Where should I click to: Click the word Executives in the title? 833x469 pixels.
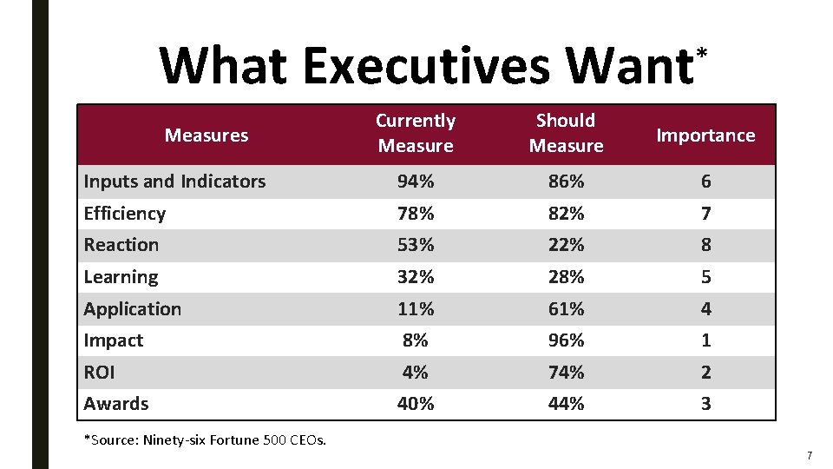pos(426,65)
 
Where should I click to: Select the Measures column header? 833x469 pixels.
pos(207,135)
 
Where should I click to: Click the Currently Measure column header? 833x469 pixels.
pos(415,133)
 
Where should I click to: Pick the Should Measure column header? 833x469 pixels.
pos(566,133)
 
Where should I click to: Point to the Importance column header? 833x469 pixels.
pos(705,135)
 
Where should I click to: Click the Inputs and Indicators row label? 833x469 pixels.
pos(174,182)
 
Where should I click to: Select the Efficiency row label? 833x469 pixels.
pos(124,214)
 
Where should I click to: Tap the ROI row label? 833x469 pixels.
pos(99,372)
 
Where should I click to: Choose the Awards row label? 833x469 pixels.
pos(115,404)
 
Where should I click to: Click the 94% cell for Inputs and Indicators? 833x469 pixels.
pos(415,182)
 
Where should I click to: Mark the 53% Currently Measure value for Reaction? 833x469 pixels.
pos(415,245)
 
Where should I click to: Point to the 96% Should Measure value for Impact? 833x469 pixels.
pos(566,340)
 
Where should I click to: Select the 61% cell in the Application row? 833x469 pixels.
pos(566,309)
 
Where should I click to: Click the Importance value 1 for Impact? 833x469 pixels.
pos(705,340)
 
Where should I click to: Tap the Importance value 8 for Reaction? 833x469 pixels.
pos(705,245)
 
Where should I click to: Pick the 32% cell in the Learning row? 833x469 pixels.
pos(415,277)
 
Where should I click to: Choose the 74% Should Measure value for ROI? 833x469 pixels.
pos(566,372)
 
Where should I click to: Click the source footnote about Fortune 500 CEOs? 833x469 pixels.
pos(205,439)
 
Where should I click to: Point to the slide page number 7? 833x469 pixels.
pos(809,455)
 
